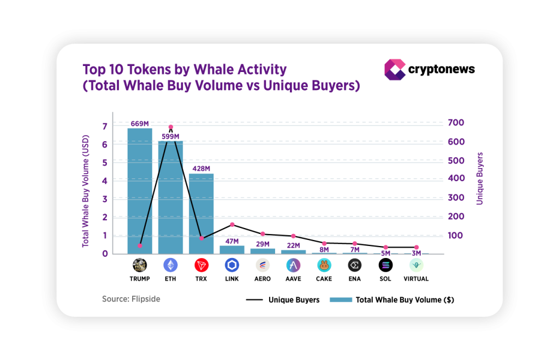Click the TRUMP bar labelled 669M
(x=140, y=191)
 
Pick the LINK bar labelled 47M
(x=232, y=250)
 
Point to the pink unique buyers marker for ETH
(x=171, y=127)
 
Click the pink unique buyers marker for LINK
(x=232, y=225)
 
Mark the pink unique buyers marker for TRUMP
(x=140, y=245)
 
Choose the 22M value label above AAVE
(x=294, y=245)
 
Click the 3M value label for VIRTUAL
(x=417, y=253)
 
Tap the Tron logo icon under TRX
(x=201, y=266)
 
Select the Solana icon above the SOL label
(x=386, y=266)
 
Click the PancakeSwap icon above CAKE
(x=324, y=266)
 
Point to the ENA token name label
(x=355, y=279)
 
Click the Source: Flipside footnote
(x=131, y=299)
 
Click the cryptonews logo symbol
(x=395, y=69)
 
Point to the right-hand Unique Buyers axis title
(x=480, y=178)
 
